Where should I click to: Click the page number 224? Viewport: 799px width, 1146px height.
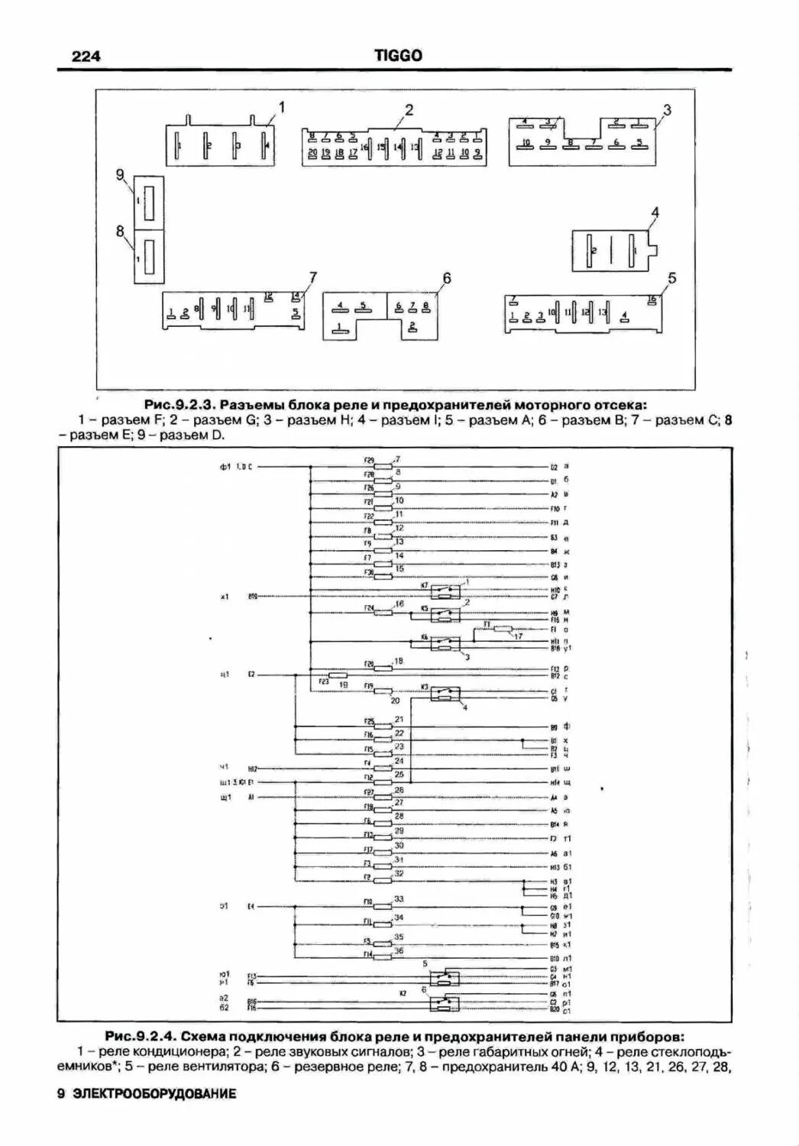tap(86, 56)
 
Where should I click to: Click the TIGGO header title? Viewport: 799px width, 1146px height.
tap(398, 56)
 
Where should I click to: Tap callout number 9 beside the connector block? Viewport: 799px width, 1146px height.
tap(120, 175)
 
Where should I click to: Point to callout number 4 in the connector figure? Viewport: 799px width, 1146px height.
tap(654, 212)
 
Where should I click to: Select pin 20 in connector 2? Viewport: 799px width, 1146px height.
tap(312, 153)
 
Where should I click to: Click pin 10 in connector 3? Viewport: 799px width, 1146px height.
tap(525, 143)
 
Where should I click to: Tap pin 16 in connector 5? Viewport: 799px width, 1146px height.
tap(652, 299)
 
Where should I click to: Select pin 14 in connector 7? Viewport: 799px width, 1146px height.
tap(296, 296)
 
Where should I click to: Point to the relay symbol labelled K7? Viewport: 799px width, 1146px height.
tap(443, 591)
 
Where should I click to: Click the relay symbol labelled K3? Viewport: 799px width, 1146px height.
tap(444, 694)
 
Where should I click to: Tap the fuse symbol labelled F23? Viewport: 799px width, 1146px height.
tap(337, 675)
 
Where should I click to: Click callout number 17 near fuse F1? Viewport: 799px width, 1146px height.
tap(518, 636)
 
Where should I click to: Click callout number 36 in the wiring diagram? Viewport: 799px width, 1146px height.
tap(399, 950)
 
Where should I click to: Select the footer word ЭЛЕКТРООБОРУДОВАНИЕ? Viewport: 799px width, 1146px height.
tap(154, 1093)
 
